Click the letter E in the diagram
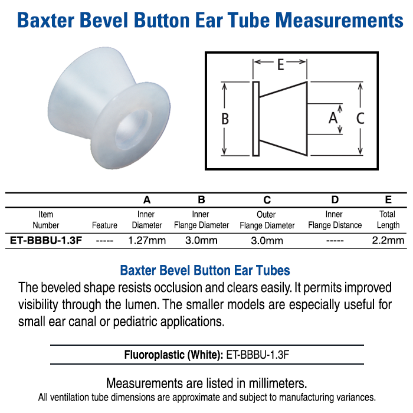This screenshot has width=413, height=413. (280, 64)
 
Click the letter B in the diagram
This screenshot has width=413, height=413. (225, 119)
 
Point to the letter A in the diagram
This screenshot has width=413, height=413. (333, 117)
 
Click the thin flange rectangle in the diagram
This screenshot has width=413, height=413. (255, 119)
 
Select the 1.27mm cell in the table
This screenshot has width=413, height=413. (147, 240)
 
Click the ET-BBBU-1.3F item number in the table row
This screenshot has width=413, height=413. (46, 240)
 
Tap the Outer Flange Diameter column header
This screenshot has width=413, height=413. (267, 220)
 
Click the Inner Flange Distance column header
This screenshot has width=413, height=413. (335, 220)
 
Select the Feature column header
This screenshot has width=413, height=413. (104, 225)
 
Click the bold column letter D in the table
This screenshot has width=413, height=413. (335, 200)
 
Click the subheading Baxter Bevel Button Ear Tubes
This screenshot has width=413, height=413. (205, 271)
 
